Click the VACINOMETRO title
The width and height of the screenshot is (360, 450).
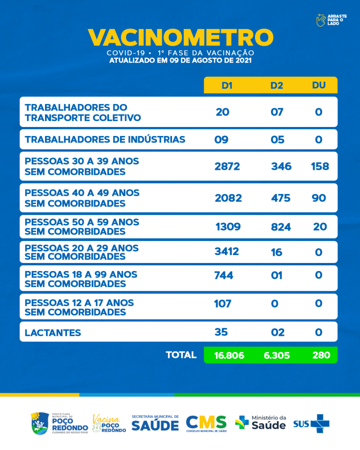click(180, 37)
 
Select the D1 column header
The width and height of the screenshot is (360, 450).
click(227, 85)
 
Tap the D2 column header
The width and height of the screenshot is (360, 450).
click(277, 85)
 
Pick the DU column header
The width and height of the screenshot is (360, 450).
click(319, 85)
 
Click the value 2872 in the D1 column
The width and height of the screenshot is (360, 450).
click(227, 166)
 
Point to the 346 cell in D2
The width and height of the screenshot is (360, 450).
click(281, 166)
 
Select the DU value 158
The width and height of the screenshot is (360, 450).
click(319, 166)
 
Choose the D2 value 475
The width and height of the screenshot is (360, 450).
click(280, 198)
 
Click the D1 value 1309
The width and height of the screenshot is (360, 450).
click(228, 227)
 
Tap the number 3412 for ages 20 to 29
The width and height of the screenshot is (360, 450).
click(226, 252)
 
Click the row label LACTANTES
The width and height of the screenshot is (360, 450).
click(52, 333)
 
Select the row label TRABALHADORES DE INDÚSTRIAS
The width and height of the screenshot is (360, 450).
click(105, 140)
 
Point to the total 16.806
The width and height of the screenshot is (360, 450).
click(229, 355)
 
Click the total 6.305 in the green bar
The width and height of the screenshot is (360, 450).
click(277, 355)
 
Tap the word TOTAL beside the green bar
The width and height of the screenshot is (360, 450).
click(181, 355)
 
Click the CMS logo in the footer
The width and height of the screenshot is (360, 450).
click(206, 423)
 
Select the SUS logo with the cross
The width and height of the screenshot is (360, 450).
click(311, 424)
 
